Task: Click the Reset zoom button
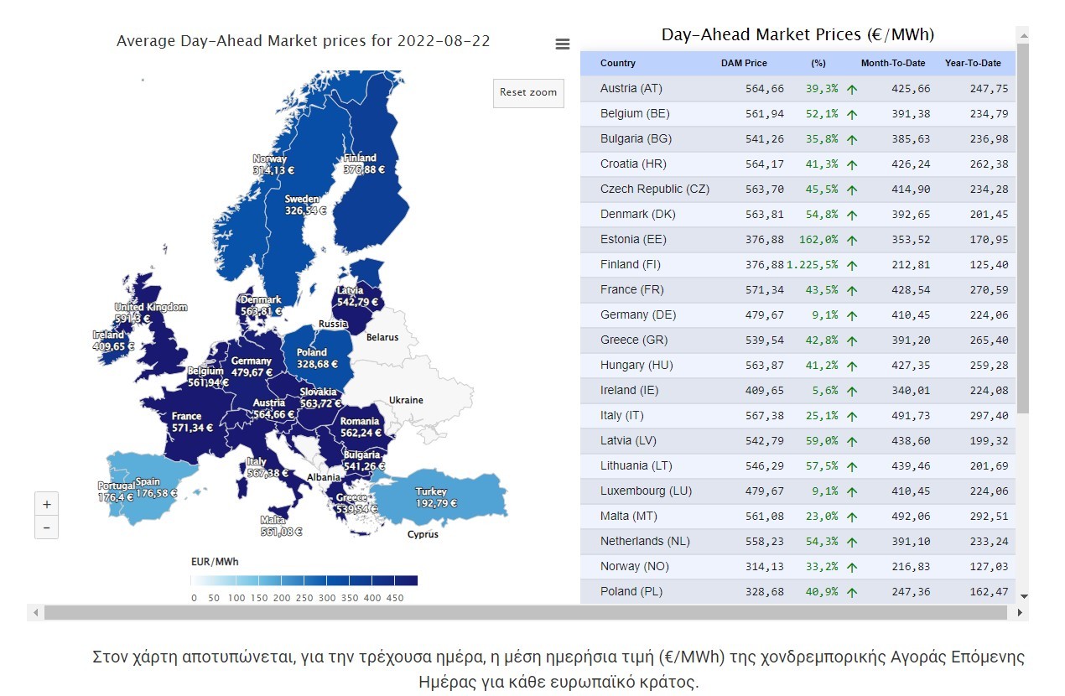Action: (x=528, y=92)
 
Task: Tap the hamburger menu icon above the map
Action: (x=563, y=44)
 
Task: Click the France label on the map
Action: (x=186, y=416)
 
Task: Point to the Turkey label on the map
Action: (x=431, y=491)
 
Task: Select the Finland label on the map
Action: (x=361, y=158)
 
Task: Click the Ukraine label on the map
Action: (x=406, y=400)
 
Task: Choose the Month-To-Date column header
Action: (x=892, y=63)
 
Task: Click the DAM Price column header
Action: (x=744, y=63)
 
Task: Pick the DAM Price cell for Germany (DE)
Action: (x=764, y=314)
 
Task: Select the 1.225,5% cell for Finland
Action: (x=812, y=264)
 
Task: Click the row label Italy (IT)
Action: (x=621, y=415)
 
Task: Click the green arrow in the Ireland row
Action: (x=852, y=391)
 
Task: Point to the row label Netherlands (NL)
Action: (x=644, y=541)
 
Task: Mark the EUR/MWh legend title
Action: (x=214, y=561)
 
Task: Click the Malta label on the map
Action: (x=273, y=520)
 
